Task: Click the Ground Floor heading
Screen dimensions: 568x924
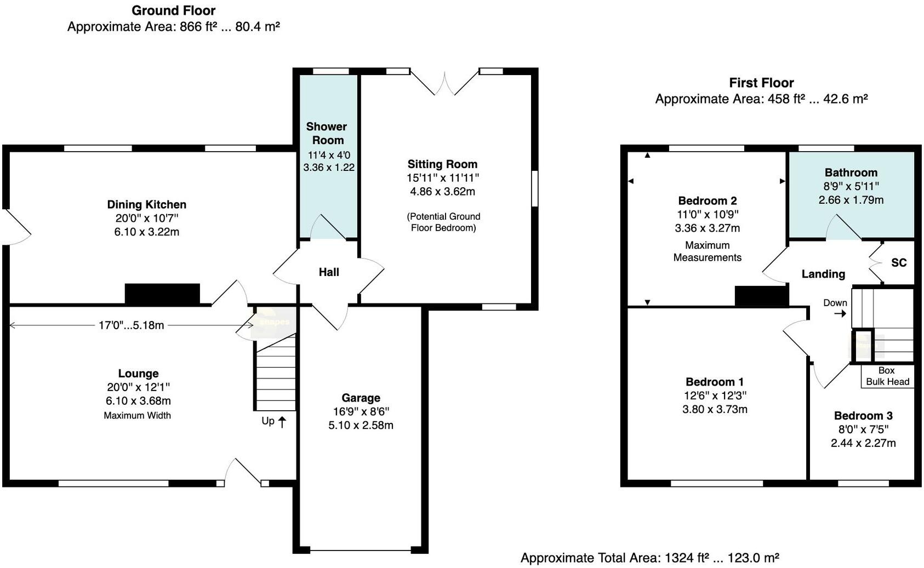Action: pos(173,10)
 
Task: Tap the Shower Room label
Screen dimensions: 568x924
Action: pos(327,133)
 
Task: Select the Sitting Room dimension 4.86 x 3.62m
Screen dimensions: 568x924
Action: pos(442,192)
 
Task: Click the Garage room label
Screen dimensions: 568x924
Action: pos(361,398)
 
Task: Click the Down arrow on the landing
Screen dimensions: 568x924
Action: pos(840,314)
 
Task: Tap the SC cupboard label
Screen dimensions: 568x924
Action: pos(899,263)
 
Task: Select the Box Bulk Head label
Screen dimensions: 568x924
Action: pos(887,376)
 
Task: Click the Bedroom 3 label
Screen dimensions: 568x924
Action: pos(863,416)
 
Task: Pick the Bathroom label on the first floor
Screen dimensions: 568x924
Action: pos(851,173)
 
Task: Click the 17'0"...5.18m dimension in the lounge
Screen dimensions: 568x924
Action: pos(131,325)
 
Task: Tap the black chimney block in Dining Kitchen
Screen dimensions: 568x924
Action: pos(162,294)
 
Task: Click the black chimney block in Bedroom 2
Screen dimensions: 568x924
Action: pos(761,296)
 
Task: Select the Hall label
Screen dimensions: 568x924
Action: pos(329,272)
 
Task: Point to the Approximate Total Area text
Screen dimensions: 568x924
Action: pos(649,558)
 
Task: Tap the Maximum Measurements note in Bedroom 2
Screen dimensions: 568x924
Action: pos(707,251)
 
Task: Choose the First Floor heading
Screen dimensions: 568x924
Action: pos(761,83)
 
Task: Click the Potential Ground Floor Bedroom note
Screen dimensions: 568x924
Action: pos(443,222)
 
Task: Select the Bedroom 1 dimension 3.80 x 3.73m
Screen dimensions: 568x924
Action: pos(715,410)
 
